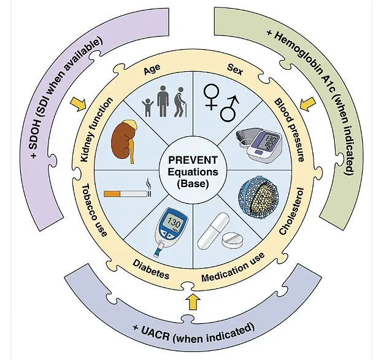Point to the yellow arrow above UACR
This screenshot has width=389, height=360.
(x=194, y=301)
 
